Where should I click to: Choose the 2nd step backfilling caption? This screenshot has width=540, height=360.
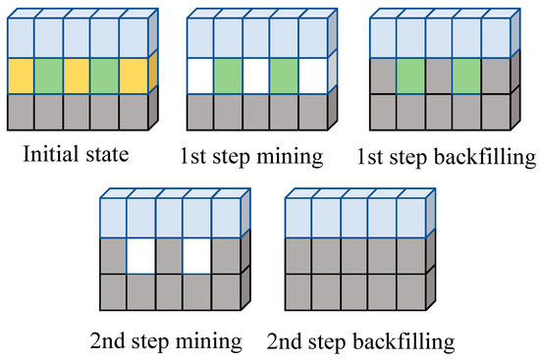(359, 342)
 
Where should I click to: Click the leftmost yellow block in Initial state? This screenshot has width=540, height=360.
(20, 76)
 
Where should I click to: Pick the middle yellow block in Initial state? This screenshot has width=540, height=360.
(77, 76)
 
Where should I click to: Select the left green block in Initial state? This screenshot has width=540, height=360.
(48, 76)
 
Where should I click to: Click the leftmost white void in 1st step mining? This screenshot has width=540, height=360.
(200, 76)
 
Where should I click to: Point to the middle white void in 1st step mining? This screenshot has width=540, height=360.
(257, 76)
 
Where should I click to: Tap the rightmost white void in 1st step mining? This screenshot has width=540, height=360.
(313, 76)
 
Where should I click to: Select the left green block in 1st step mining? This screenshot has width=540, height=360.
(229, 76)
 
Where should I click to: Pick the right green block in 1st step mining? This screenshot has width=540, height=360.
(285, 76)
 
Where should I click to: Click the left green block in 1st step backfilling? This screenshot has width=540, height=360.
(411, 76)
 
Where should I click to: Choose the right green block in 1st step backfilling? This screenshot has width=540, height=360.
(467, 76)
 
